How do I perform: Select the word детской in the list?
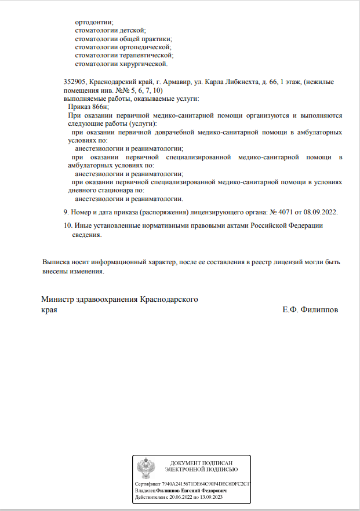click(x=132, y=30)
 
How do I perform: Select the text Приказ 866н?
click(x=88, y=107)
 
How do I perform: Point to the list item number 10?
click(x=67, y=225)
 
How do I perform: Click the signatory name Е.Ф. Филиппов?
click(x=310, y=310)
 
